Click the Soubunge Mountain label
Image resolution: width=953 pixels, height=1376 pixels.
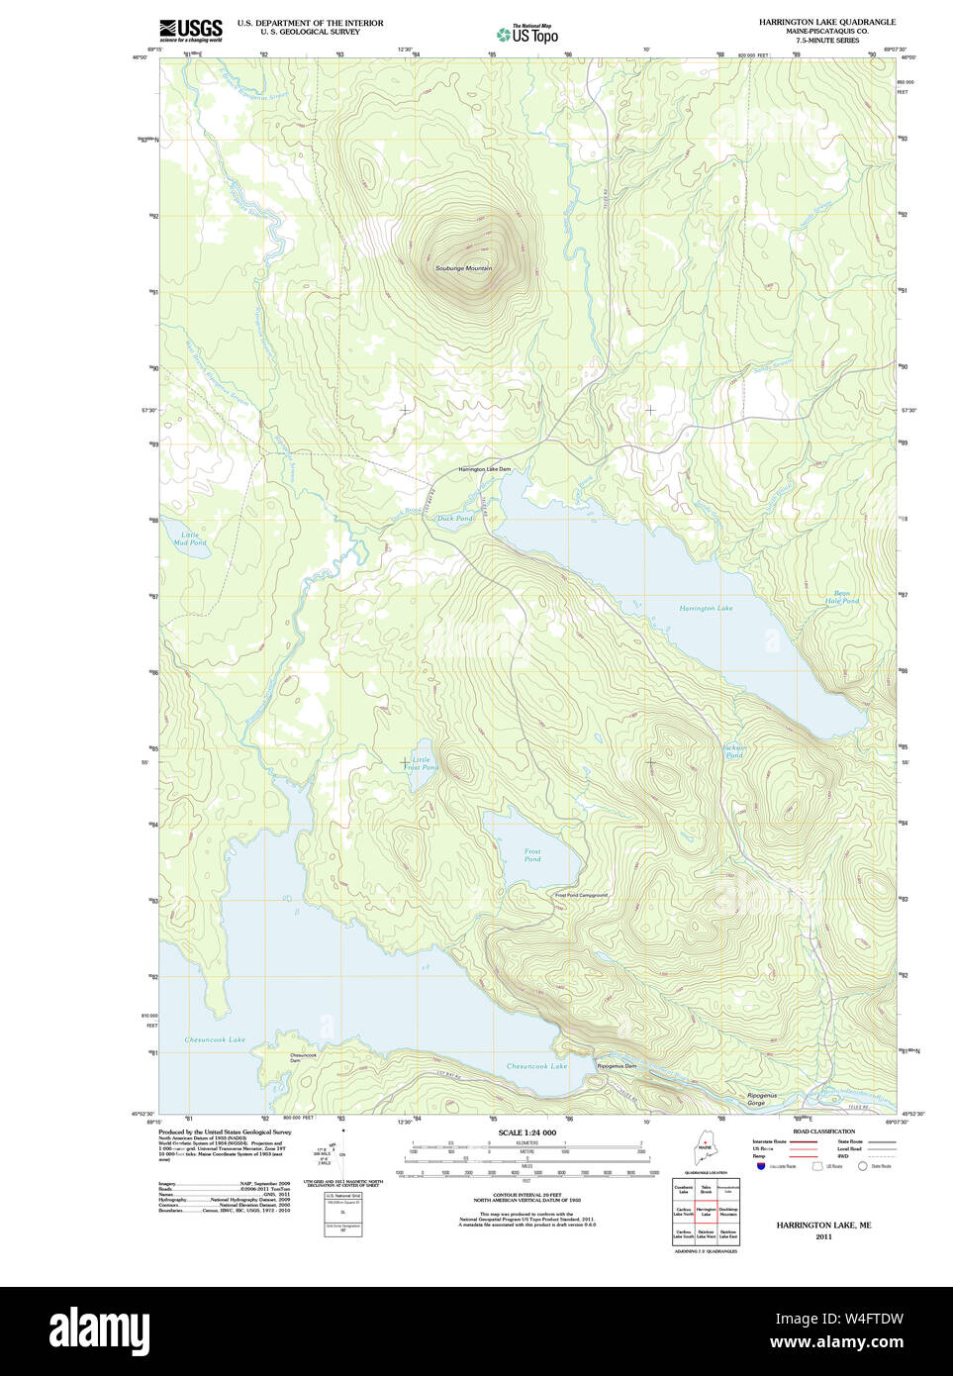(463, 268)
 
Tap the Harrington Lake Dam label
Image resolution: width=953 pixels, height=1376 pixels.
(484, 469)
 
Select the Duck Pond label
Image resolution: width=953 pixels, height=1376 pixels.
(455, 518)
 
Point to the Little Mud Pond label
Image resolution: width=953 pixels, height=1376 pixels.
(190, 539)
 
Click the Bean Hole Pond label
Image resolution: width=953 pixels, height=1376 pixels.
(842, 597)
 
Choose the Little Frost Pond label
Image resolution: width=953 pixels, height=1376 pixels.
(421, 763)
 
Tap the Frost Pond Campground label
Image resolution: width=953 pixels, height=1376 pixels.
(581, 895)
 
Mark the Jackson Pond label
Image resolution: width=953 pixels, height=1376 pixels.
(734, 751)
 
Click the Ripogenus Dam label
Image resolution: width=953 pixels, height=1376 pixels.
(617, 1066)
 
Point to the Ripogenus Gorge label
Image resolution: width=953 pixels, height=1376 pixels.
(761, 1099)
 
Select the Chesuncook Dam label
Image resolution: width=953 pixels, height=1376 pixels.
(303, 1057)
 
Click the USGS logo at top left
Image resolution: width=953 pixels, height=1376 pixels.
(191, 30)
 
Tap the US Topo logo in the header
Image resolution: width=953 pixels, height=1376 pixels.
(528, 35)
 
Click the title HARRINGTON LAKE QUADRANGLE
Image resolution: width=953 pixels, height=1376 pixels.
(826, 22)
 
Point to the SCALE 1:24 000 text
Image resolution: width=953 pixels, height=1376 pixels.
(526, 1132)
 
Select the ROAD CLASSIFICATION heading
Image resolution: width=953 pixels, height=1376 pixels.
(823, 1131)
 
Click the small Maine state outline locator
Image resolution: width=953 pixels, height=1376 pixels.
(705, 1152)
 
